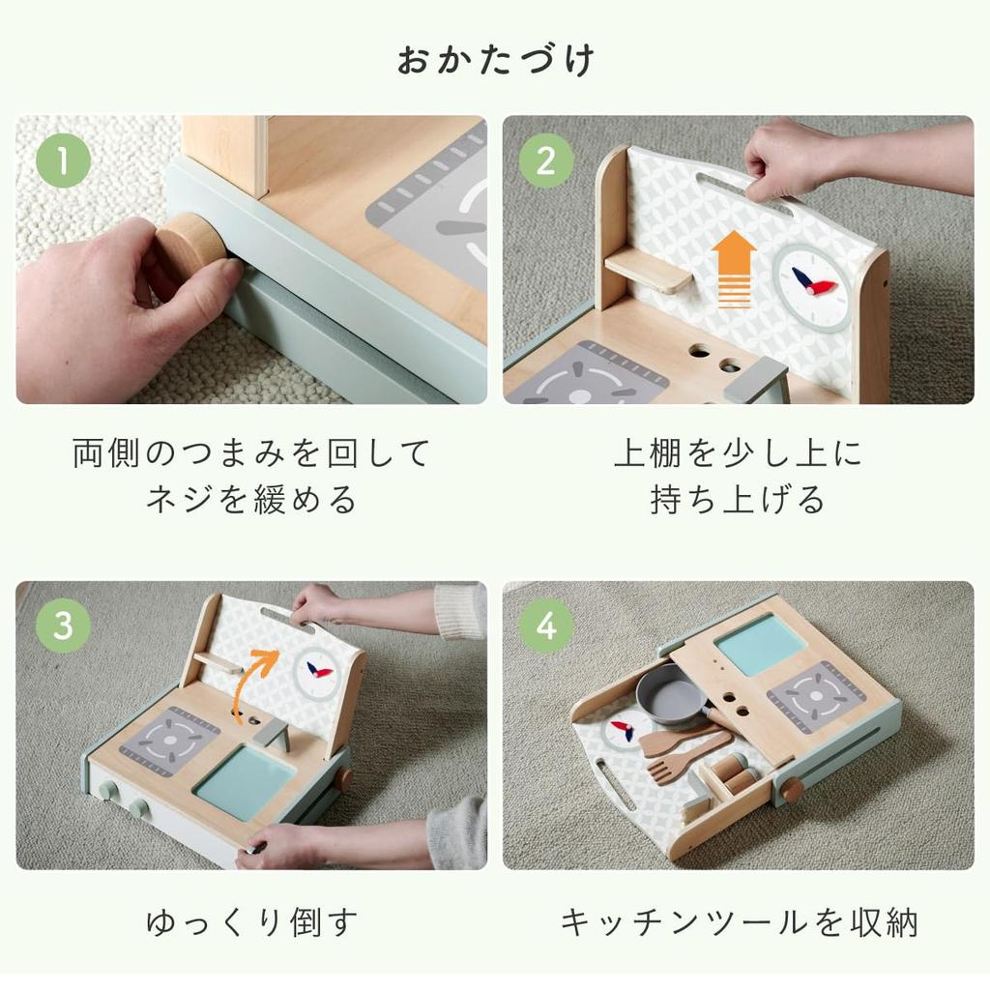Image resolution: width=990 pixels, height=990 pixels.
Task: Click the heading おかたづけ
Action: [495, 60]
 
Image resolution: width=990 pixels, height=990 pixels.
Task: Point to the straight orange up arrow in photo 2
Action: [734, 269]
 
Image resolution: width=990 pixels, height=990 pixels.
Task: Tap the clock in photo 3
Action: [317, 673]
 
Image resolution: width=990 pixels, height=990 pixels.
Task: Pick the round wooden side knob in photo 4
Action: [792, 791]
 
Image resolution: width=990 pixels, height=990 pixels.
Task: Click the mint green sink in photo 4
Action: [759, 645]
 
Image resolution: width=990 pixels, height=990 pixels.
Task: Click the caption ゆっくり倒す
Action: [251, 921]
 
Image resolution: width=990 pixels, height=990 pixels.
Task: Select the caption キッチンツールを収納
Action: [739, 921]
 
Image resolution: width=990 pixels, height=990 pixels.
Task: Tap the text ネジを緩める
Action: [251, 500]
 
